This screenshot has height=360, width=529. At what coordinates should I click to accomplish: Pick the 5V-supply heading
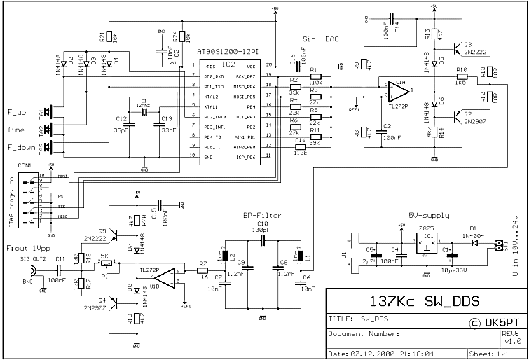click(428, 216)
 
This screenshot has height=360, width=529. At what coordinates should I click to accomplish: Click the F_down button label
click(22, 147)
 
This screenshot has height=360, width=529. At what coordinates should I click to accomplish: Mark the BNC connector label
click(26, 281)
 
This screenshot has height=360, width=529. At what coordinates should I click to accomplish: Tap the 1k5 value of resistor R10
click(460, 82)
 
